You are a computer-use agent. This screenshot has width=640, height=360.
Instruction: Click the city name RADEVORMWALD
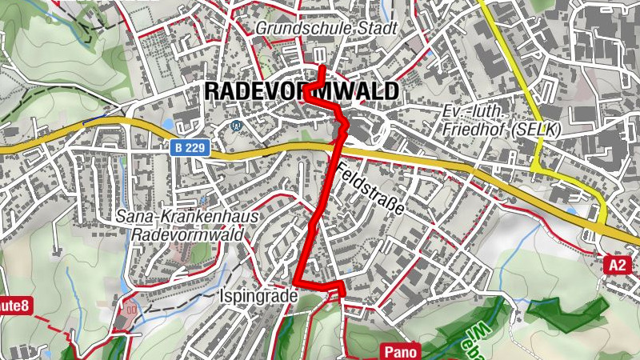[300, 91]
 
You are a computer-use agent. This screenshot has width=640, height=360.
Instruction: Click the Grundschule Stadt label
[326, 28]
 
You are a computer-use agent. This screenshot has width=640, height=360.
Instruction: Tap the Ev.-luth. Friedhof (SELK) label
[502, 119]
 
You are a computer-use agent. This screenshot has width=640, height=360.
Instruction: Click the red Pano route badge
[398, 351]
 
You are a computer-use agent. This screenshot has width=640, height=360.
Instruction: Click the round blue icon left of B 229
[235, 126]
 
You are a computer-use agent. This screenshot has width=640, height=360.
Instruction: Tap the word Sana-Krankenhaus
[190, 217]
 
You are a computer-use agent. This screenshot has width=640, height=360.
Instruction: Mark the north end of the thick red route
[321, 68]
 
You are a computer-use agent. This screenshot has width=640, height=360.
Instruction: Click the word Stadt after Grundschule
[378, 28]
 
